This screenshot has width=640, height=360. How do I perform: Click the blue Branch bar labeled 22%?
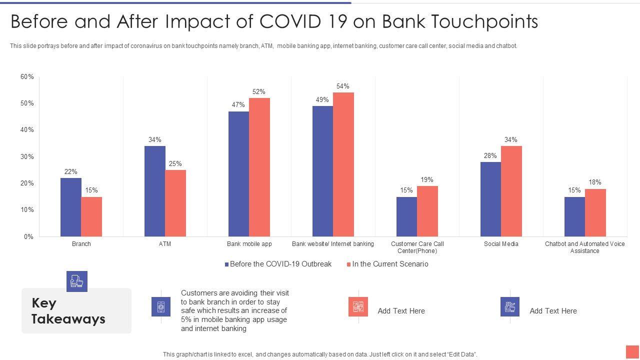coord(70,207)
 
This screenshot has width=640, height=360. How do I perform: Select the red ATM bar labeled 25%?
coord(175,203)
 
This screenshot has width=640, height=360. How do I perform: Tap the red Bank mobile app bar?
coord(259,167)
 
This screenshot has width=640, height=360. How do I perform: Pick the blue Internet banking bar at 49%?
coord(322,171)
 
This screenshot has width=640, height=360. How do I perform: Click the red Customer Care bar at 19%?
coord(427,211)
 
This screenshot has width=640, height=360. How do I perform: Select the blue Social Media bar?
coord(490,199)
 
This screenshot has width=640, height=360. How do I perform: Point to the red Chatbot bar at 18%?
coord(595,212)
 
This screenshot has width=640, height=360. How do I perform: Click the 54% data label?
coord(342,86)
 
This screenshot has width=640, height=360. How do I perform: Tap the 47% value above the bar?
coord(238,104)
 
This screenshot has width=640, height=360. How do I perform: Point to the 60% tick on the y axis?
coord(27,76)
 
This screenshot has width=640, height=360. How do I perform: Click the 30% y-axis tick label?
coord(27,156)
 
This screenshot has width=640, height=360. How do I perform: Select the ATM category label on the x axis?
coord(165,244)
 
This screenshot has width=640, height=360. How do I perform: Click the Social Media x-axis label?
coord(501,244)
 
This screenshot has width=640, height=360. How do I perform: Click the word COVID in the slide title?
coord(289,21)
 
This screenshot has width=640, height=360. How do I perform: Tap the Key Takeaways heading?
coord(68,310)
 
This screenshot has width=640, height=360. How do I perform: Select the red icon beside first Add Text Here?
coord(358,306)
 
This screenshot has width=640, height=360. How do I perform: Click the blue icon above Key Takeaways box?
coord(77,281)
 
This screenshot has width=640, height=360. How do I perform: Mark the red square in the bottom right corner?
coord(632,351)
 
